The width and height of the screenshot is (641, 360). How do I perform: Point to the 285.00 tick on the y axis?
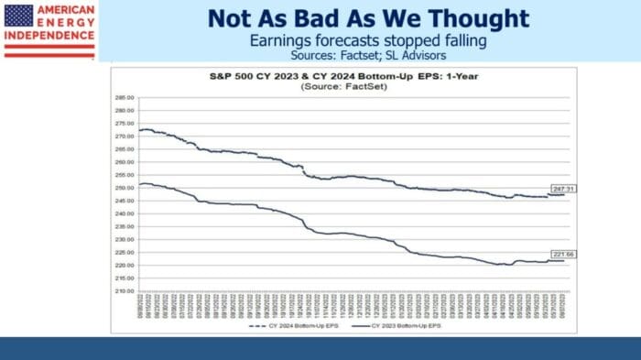coord(125,96)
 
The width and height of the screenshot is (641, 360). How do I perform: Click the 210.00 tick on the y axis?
coord(125,291)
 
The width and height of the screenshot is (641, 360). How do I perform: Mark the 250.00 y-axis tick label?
coord(125,188)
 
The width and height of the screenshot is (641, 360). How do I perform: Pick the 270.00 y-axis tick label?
coord(125,136)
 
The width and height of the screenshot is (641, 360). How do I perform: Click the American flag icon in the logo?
coord(18,15)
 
